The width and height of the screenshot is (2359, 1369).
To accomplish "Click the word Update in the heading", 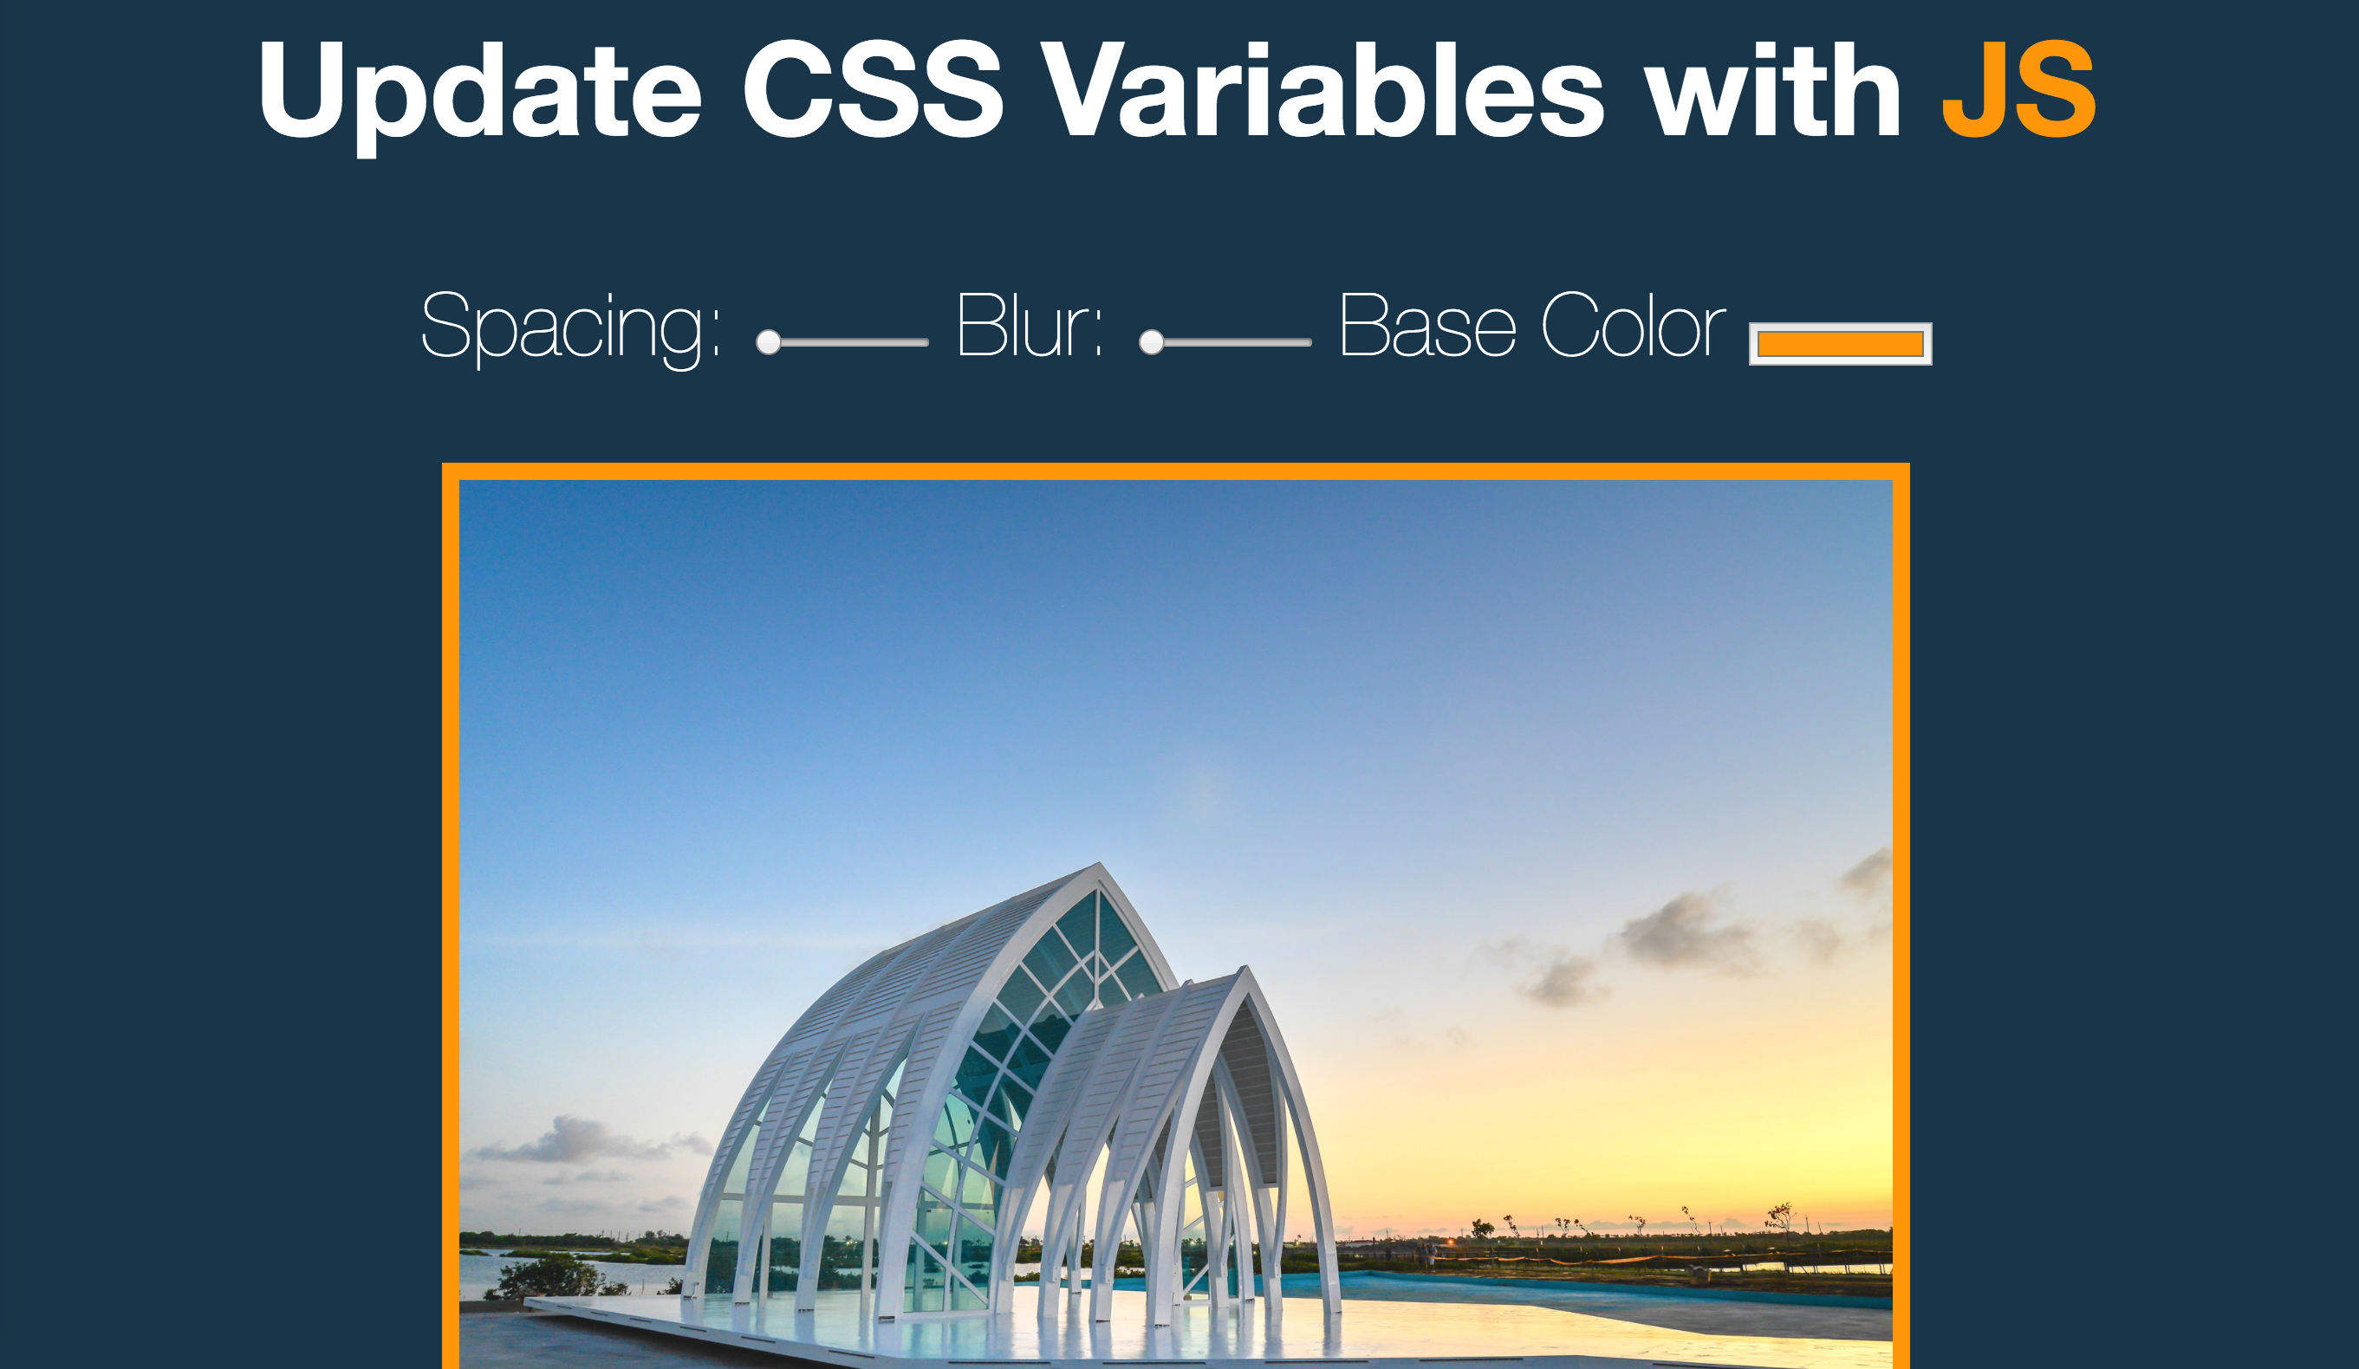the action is pyautogui.click(x=479, y=97).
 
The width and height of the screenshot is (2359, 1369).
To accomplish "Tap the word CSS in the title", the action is pyautogui.click(x=873, y=90).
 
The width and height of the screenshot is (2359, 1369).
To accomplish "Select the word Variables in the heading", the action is pyautogui.click(x=1323, y=90).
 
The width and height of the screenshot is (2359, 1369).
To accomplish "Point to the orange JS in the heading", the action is pyautogui.click(x=2018, y=90).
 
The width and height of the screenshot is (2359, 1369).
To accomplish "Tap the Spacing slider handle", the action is pyautogui.click(x=769, y=342).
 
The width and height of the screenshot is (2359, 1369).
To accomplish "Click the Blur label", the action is pyautogui.click(x=1030, y=325).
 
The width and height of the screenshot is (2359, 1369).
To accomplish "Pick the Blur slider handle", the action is pyautogui.click(x=1152, y=342).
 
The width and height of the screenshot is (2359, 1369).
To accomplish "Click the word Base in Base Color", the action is pyautogui.click(x=1427, y=325).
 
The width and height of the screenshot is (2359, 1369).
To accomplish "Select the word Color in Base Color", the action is pyautogui.click(x=1634, y=325).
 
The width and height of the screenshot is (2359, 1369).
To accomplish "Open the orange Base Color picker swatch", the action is pyautogui.click(x=1841, y=344).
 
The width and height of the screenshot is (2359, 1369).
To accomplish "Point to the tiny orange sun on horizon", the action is pyautogui.click(x=1450, y=1242).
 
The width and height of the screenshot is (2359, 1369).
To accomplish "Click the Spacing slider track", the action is pyautogui.click(x=842, y=342).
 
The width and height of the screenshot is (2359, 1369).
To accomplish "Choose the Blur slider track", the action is pyautogui.click(x=1225, y=342).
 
